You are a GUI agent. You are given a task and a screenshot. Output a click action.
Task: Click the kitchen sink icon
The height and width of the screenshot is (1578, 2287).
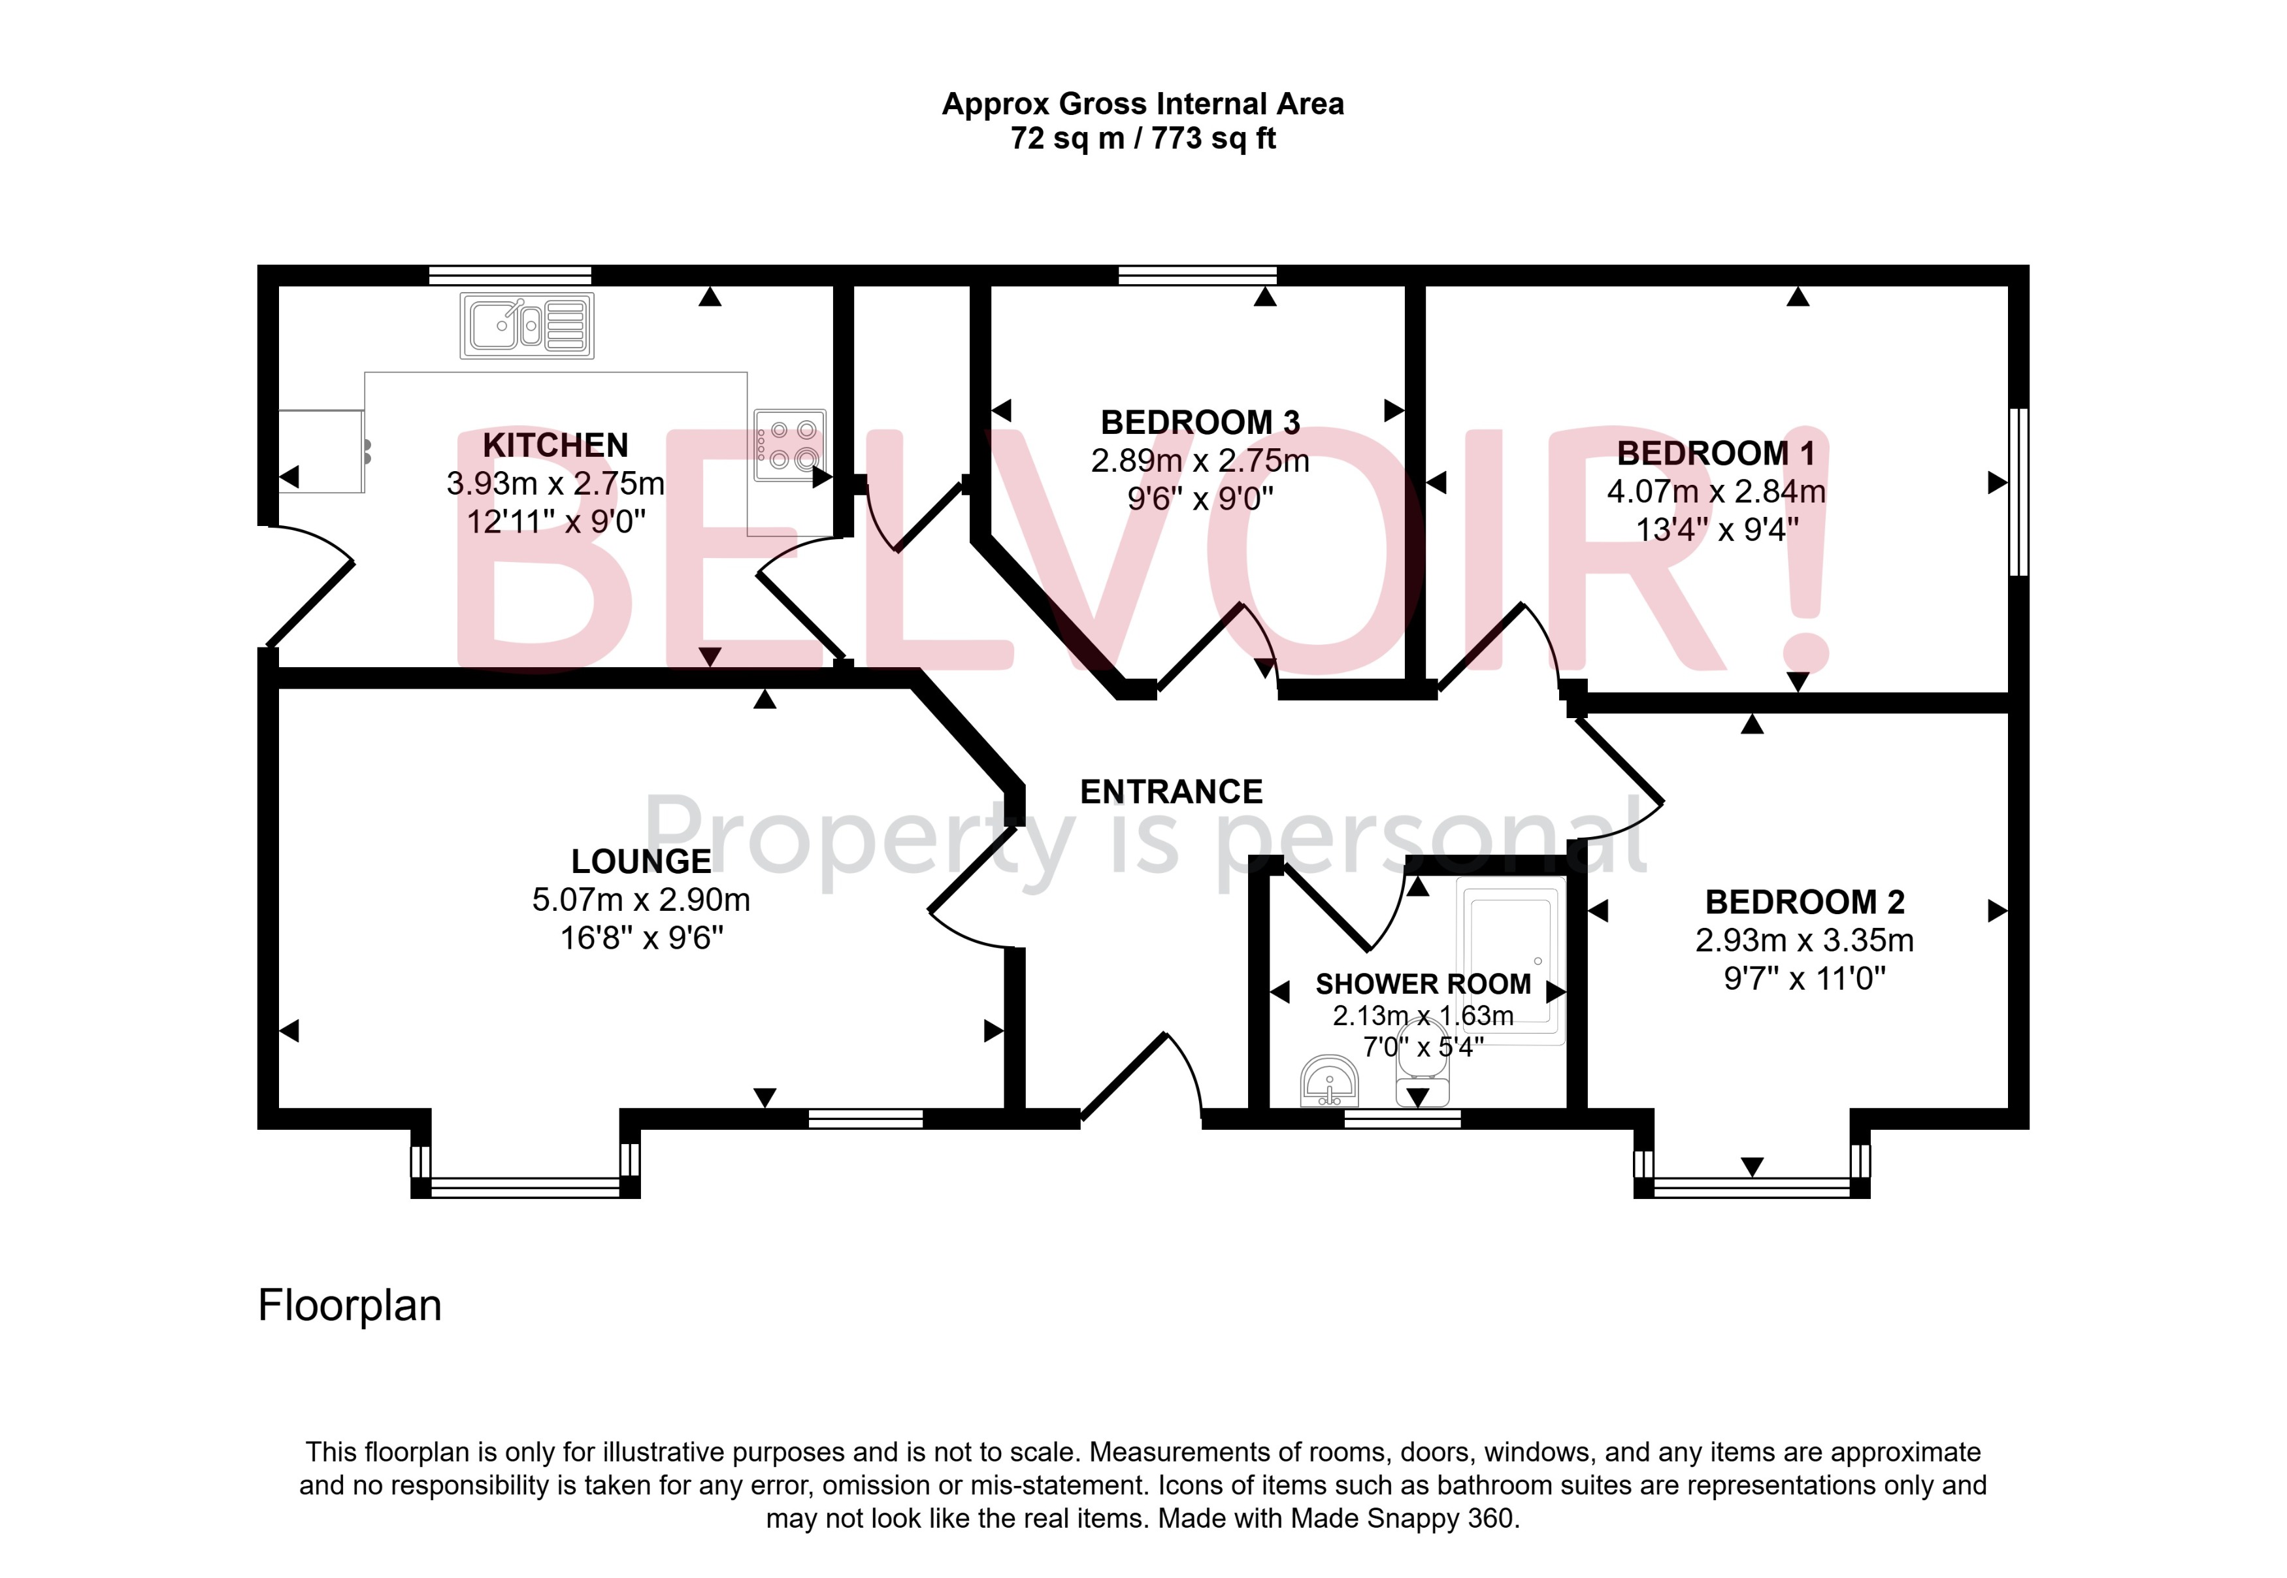526,325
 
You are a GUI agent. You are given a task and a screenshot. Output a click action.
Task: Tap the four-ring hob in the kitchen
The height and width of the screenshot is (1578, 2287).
789,445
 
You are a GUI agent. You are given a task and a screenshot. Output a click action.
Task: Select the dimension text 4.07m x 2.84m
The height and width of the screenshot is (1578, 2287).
1715,491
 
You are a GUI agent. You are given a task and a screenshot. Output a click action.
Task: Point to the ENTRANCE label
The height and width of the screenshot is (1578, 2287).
1171,792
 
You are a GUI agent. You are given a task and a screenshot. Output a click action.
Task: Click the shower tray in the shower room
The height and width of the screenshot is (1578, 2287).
1510,959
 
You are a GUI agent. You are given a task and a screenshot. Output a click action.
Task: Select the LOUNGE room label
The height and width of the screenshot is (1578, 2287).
641,861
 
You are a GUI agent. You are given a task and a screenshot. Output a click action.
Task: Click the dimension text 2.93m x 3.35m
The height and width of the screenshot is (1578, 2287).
1803,940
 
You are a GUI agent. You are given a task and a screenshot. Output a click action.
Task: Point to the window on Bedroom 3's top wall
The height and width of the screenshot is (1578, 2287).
1196,275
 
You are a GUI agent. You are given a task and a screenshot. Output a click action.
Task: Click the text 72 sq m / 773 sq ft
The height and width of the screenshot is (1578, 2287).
1142,139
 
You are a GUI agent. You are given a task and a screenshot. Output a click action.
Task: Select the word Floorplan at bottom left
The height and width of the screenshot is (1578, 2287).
349,1305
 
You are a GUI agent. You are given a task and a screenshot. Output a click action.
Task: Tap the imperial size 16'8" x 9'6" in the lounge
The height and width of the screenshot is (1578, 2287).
641,937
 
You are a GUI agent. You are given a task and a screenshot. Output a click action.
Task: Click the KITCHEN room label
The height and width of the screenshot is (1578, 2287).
555,445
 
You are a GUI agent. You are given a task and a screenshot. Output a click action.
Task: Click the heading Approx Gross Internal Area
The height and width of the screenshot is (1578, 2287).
1142,104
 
